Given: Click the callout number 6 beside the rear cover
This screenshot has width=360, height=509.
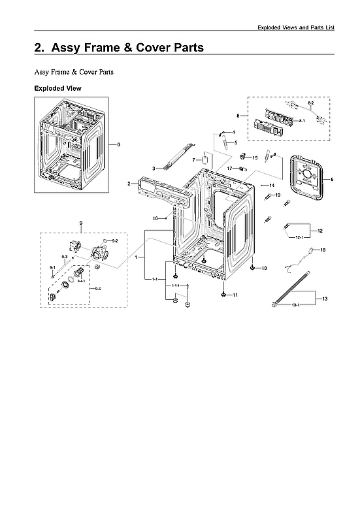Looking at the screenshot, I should point(331,179).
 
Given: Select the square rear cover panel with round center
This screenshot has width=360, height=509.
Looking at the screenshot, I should point(303,178).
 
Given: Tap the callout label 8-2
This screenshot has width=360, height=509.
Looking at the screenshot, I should point(310,104).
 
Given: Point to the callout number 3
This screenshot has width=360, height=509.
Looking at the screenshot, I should point(153,169).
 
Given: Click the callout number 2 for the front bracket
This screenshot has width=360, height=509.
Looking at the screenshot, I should point(129,184).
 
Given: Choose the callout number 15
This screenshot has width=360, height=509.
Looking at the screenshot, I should point(255,157).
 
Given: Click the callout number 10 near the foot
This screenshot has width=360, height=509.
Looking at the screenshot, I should point(265,269).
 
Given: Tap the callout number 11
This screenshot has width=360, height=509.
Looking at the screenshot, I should point(235,295).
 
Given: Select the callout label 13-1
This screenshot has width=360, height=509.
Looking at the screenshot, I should point(295,305).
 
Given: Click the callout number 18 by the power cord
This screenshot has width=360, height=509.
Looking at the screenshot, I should point(322,250).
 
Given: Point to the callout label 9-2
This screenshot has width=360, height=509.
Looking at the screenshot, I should point(114,241).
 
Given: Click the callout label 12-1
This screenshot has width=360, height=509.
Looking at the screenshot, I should point(300,238).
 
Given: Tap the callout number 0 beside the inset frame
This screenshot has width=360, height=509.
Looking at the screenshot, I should point(118,144).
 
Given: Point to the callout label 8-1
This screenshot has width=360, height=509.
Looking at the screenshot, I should point(302,122).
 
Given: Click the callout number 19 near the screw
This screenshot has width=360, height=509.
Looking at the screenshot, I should point(277,195).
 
